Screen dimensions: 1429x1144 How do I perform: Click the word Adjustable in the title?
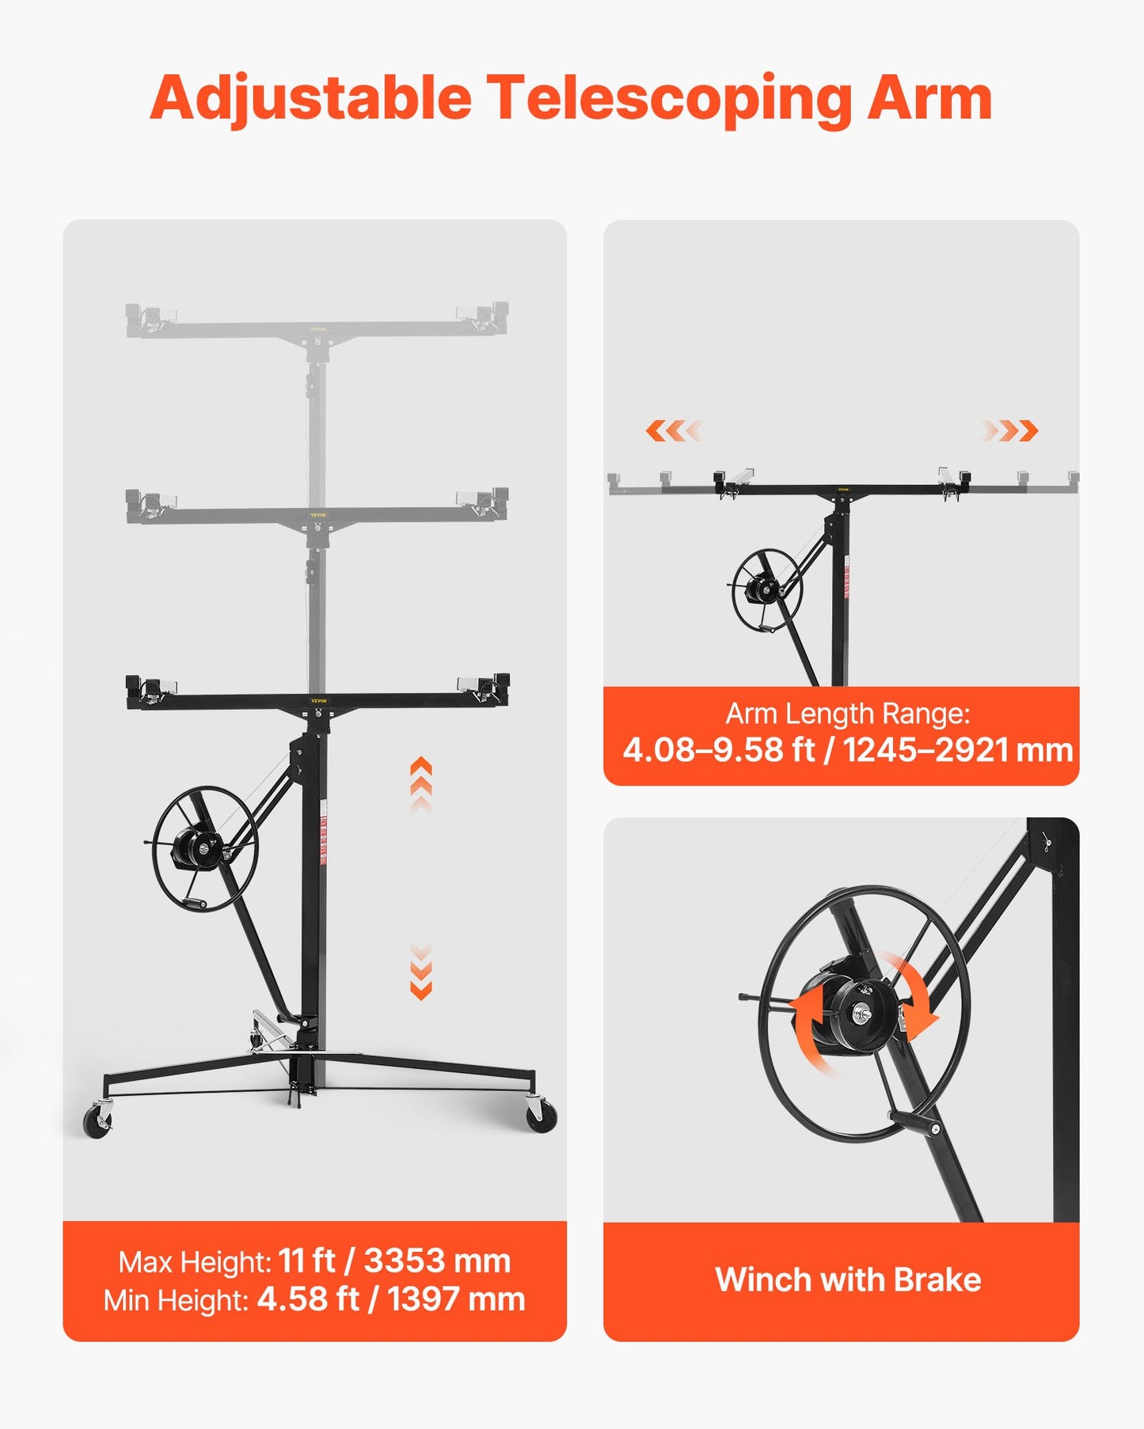click(x=310, y=99)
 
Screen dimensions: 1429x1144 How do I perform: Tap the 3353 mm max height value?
click(x=437, y=1261)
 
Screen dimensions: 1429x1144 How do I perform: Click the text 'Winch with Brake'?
click(x=848, y=1280)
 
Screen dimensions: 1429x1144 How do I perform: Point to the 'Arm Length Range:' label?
click(x=848, y=714)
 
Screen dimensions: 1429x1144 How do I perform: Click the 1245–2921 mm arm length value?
click(x=957, y=750)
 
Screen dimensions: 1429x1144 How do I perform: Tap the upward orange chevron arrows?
click(x=421, y=783)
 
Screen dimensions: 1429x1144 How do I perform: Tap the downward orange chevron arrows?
click(x=421, y=972)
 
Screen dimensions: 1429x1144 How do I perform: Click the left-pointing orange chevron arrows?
click(x=673, y=431)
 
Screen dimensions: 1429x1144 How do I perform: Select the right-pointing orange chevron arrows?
click(x=1010, y=431)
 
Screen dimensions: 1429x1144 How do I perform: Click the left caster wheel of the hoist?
click(x=97, y=1122)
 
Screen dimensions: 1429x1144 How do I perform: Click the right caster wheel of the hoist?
click(x=542, y=1116)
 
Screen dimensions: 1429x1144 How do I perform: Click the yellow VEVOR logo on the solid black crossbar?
click(x=318, y=700)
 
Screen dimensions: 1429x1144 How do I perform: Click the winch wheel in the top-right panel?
click(x=766, y=589)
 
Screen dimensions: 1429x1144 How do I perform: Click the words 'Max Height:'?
click(x=195, y=1262)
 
